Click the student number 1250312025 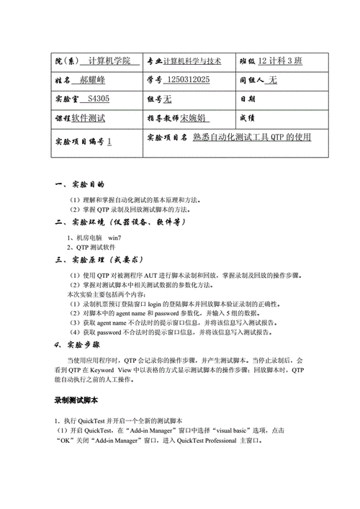(x=187, y=80)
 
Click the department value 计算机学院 (x=109, y=62)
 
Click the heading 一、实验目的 (x=80, y=185)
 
